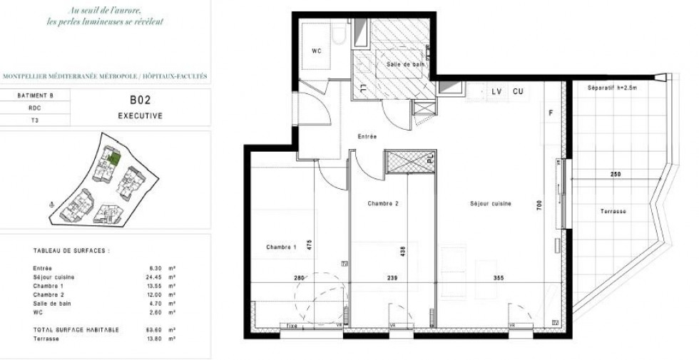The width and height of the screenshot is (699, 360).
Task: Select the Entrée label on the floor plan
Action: (367, 136)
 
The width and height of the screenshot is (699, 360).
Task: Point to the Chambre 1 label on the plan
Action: (281, 247)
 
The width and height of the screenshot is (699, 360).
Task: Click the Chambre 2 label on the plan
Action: (383, 204)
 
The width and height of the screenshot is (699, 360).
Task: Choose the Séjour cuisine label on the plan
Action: (491, 204)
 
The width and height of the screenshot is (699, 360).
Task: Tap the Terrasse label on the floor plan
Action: (613, 212)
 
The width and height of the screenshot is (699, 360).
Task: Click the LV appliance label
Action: (497, 91)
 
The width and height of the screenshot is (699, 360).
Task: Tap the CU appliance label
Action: (519, 91)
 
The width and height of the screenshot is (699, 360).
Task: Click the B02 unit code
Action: (140, 101)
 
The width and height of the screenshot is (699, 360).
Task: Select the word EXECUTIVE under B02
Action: (140, 115)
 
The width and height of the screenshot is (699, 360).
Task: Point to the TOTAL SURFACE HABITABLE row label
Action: (76, 330)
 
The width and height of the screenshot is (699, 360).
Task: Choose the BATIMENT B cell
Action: (35, 96)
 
